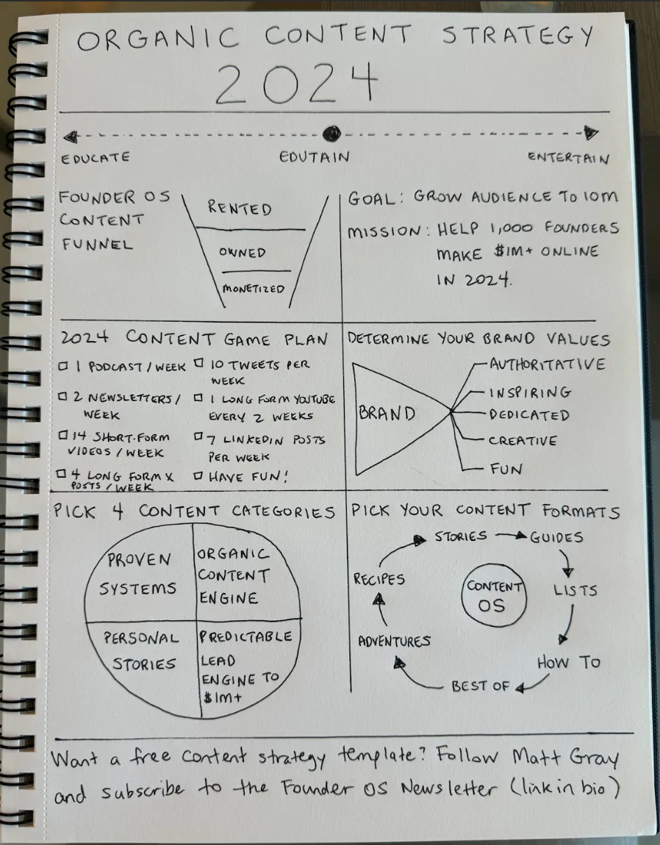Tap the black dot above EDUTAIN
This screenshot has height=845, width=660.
coord(332,133)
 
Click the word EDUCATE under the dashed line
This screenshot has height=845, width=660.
coord(96,157)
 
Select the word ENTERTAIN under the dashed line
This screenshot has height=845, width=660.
coord(568,157)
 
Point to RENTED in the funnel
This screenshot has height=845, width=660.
coord(240,209)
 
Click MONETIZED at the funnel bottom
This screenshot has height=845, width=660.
coord(253,289)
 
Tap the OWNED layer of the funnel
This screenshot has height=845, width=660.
coord(242,252)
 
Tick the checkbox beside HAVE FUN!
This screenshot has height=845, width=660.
coord(198,476)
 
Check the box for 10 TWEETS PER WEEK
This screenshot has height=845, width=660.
coord(198,363)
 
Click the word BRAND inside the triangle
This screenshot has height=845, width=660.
coord(387,414)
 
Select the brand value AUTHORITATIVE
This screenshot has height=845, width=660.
coord(548,364)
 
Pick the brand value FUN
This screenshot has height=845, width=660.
coord(506,468)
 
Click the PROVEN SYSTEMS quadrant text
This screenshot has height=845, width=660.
coord(140,574)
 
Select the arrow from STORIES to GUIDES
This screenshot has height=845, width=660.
coord(511,536)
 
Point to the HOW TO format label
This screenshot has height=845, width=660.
coord(567,662)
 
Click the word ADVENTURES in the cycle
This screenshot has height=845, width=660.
coord(394,641)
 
